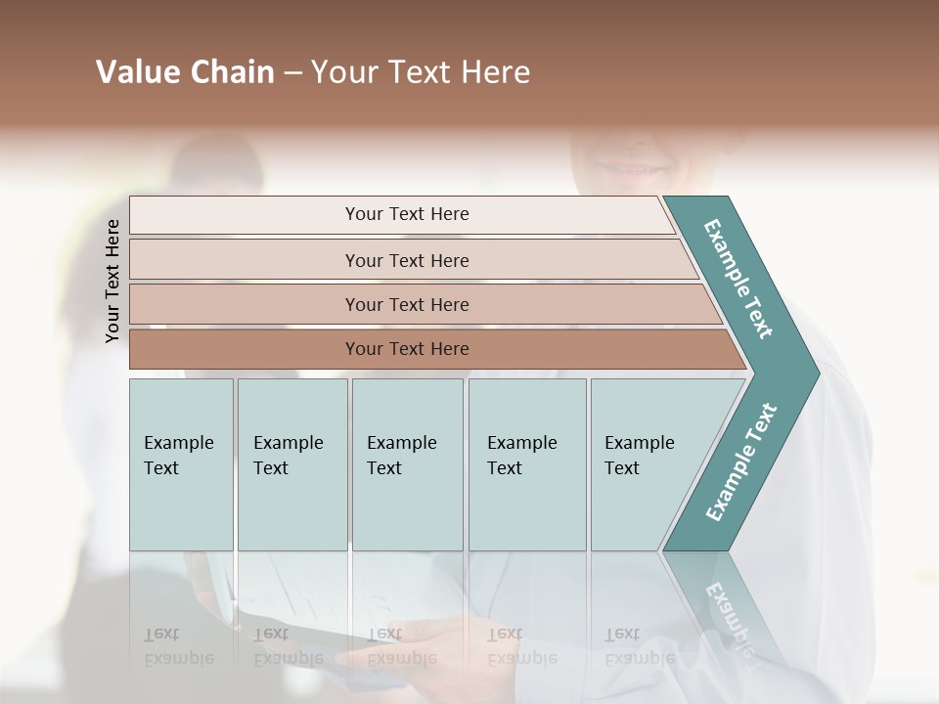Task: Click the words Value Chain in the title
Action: coord(185,72)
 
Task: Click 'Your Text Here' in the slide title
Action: coord(421,72)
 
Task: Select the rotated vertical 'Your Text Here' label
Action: coord(112,281)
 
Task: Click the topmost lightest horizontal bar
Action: coord(406,214)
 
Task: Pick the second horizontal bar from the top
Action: coord(406,260)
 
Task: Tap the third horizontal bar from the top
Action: coord(406,304)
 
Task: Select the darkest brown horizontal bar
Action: coord(406,349)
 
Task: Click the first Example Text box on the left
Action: coord(181,463)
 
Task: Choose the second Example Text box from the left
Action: coord(291,463)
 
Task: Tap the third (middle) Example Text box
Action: coord(406,463)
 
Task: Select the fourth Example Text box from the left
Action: coord(526,463)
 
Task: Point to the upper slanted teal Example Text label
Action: coord(739,279)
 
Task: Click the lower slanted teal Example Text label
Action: coord(741,462)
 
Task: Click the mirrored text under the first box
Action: coord(179,645)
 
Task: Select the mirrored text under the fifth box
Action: coord(639,645)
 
